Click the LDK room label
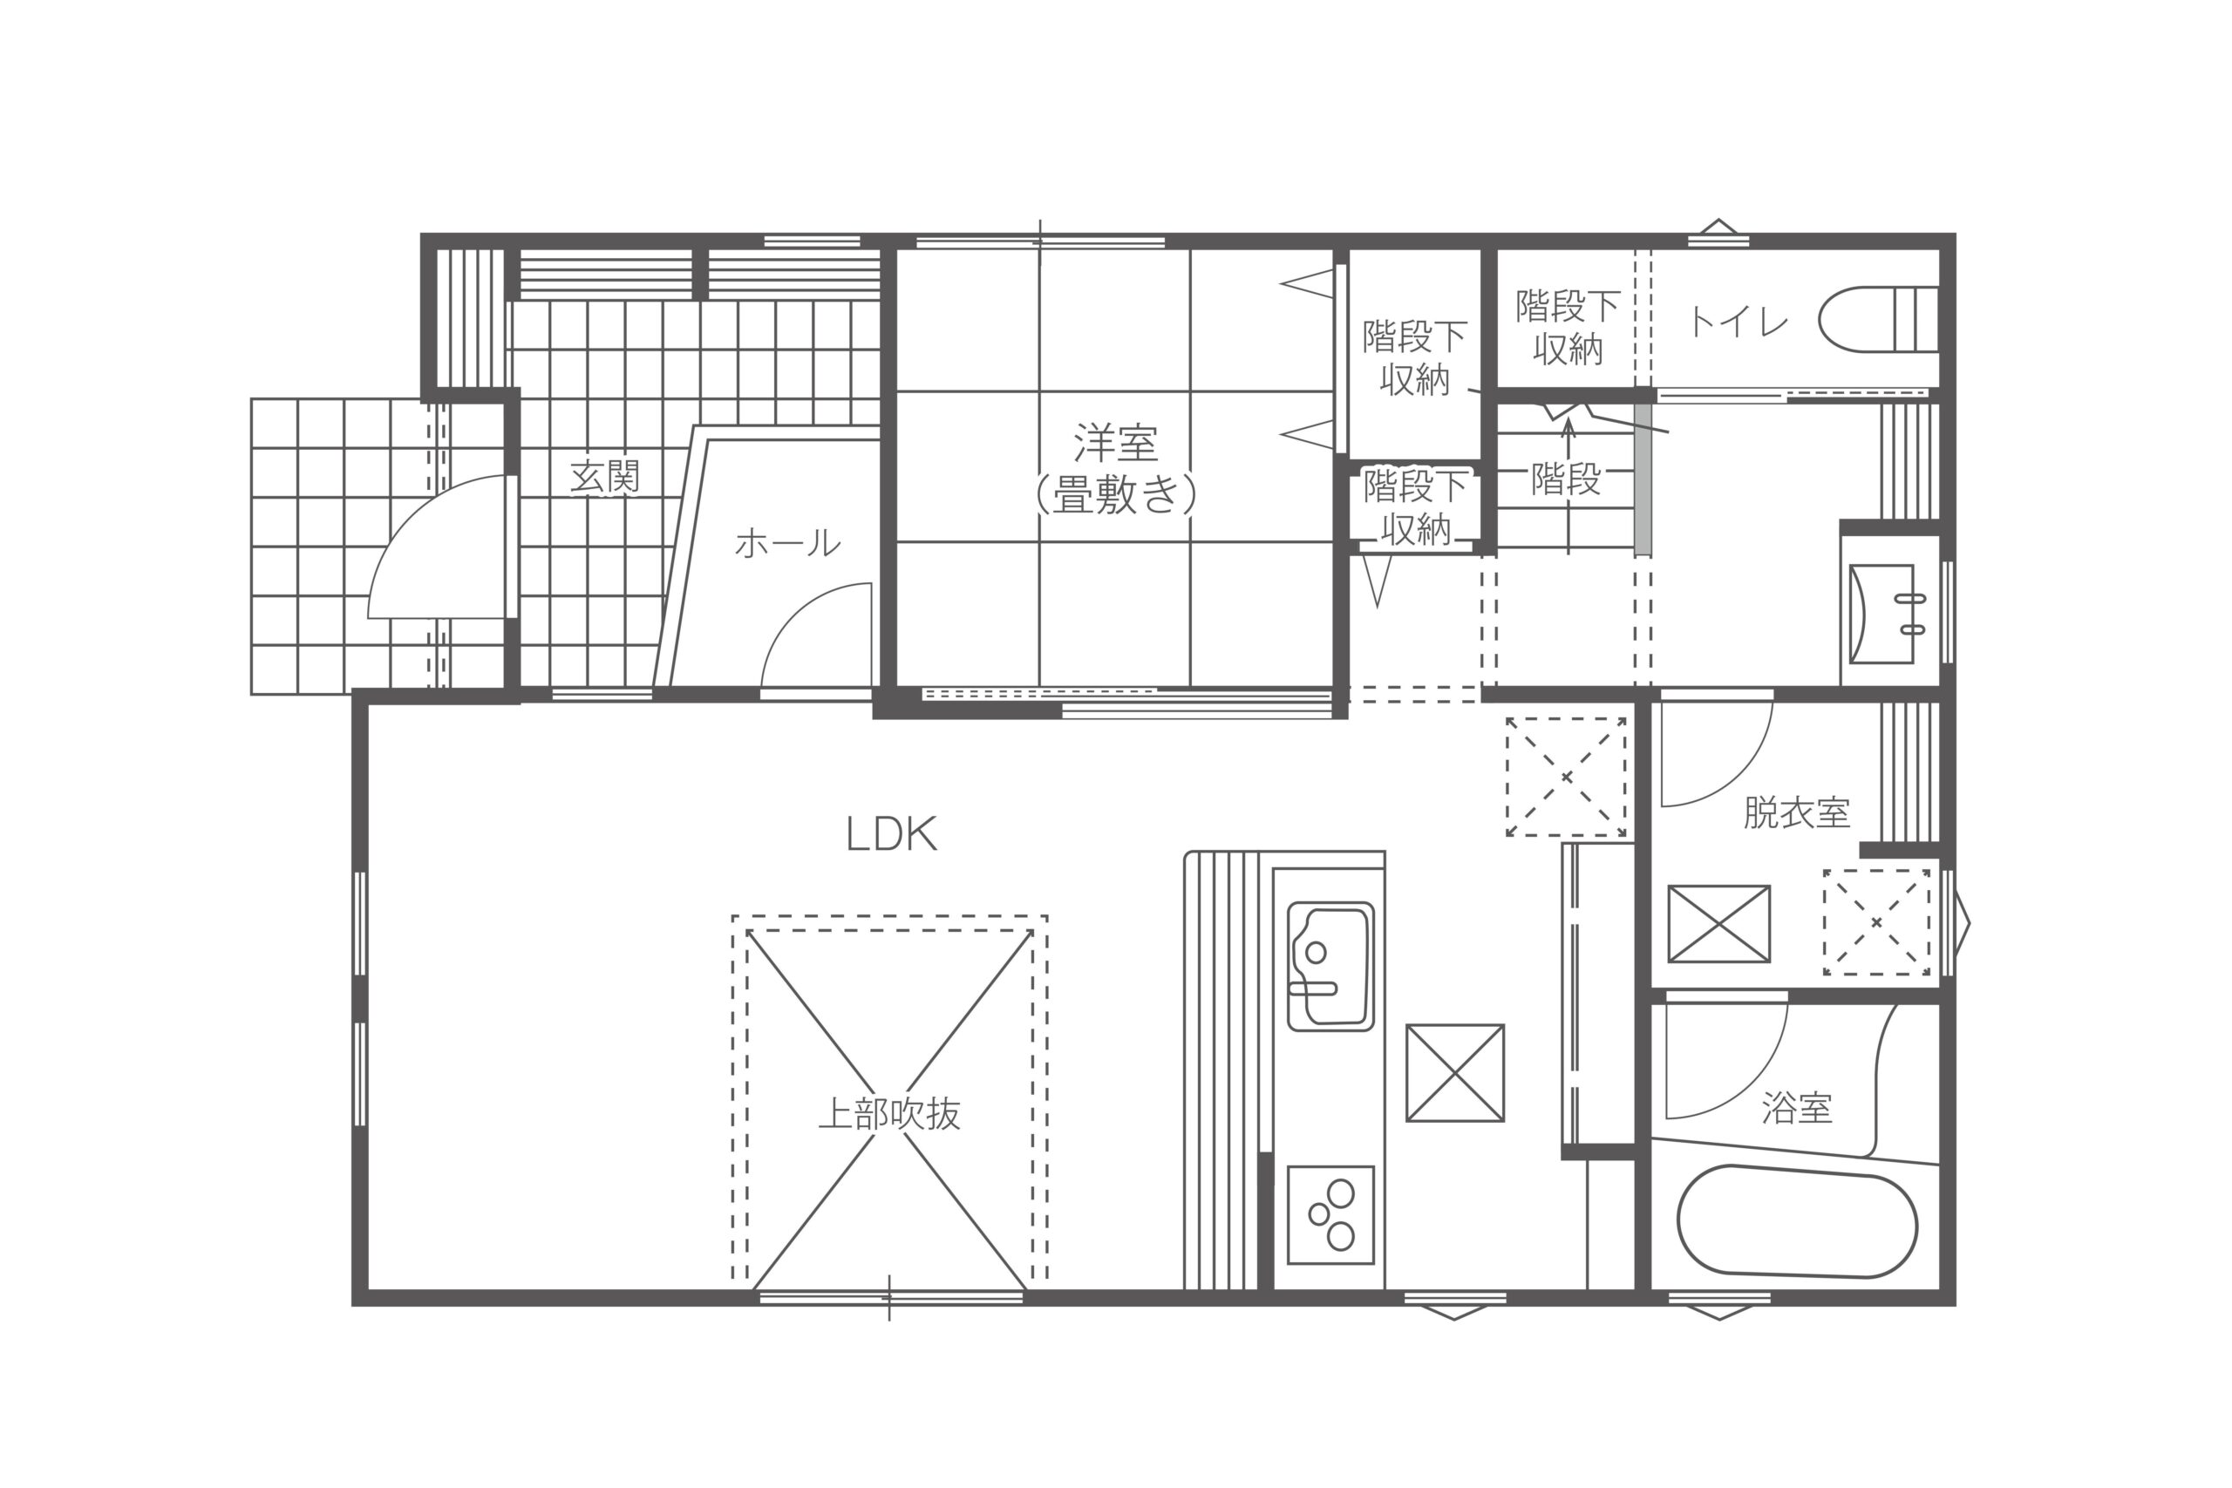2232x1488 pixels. coord(891,835)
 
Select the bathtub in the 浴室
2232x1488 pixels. coord(1796,1220)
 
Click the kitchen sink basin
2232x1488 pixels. coord(1330,966)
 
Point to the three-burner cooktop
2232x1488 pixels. coord(1330,1214)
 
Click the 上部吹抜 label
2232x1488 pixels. coord(889,1114)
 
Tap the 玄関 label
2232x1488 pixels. coord(604,478)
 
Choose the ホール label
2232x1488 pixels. coord(787,544)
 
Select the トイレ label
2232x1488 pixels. coord(1738,323)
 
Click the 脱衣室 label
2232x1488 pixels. coord(1796,813)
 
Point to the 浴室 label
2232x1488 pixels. coord(1796,1107)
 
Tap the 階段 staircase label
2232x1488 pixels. coord(1566,479)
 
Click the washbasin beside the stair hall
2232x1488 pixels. coord(1882,614)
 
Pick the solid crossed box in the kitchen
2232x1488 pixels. coord(1455,1073)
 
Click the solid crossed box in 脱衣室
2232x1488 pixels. coord(1718,923)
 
